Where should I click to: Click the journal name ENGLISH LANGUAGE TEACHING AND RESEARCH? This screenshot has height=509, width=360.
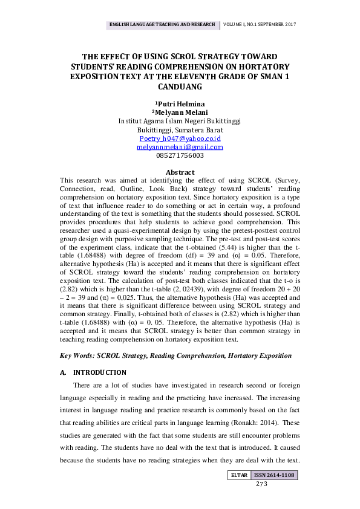coord(162,25)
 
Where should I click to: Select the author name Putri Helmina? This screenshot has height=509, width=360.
coord(181,103)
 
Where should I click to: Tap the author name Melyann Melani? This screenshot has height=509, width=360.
coord(181,112)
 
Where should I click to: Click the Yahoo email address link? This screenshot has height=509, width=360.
coord(180,138)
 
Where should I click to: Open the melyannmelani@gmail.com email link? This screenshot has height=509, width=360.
coord(180,147)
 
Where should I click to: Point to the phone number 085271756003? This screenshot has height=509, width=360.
coord(180,155)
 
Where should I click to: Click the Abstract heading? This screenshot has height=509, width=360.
coord(180,172)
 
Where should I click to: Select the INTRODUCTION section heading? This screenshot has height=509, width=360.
coord(99,372)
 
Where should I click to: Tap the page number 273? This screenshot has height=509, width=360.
coord(261,484)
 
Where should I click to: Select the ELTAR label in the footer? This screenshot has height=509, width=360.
coord(239,476)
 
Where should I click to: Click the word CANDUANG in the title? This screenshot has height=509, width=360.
coord(180,87)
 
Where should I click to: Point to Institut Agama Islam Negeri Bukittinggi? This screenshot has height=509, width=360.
coord(180,121)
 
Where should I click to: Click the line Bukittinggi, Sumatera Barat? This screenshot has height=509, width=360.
coord(180,130)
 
